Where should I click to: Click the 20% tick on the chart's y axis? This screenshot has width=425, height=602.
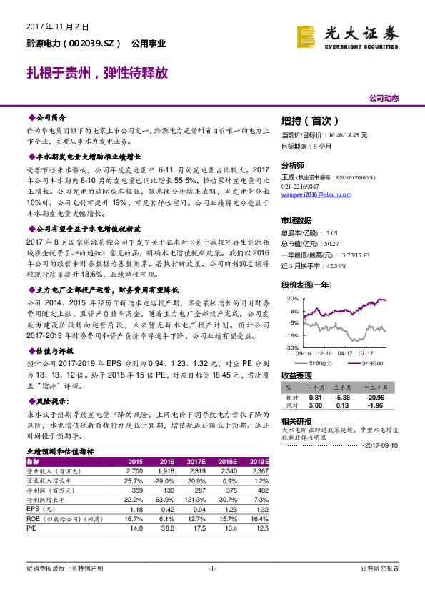291,298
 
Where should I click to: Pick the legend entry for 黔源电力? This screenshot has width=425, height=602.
321,363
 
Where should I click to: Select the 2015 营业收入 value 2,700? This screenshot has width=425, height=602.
134,471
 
